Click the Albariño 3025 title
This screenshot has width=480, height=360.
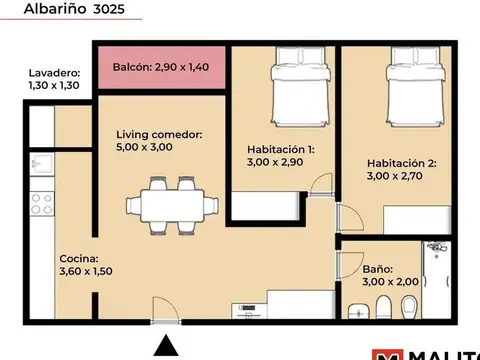tap(74, 9)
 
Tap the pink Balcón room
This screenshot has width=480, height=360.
tap(162, 68)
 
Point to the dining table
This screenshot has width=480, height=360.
tap(172, 206)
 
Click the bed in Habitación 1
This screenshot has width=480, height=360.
tap(300, 87)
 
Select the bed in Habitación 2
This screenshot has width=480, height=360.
tap(416, 87)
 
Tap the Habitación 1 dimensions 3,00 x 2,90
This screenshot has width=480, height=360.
tap(275, 162)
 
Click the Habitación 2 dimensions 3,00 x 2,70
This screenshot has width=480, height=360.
tap(395, 176)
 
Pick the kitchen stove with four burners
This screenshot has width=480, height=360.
tap(42, 204)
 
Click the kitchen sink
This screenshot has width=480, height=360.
tap(42, 164)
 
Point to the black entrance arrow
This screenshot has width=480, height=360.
tap(166, 346)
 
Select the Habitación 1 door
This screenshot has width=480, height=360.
tap(321, 184)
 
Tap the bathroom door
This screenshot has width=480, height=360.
tap(350, 265)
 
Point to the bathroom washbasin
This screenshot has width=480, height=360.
tap(359, 311)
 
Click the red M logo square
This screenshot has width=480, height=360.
tap(387, 355)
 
